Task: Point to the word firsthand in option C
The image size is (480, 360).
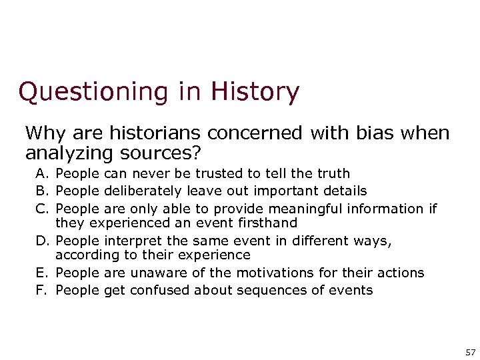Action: click(x=270, y=223)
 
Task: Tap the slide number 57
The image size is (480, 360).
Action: click(x=469, y=351)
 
